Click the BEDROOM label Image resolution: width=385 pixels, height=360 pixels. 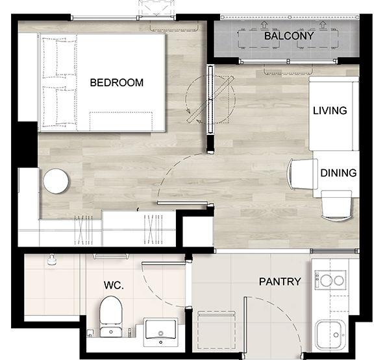(x=117, y=82)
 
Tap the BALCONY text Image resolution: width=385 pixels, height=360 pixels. (x=289, y=36)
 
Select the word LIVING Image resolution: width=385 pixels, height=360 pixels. (x=330, y=111)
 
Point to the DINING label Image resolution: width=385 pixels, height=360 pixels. (x=338, y=173)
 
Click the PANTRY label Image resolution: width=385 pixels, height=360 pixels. (x=280, y=282)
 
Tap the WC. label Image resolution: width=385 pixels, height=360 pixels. (x=114, y=285)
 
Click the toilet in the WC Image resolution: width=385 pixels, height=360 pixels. (x=111, y=317)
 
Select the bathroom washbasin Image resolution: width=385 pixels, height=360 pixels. (x=161, y=332)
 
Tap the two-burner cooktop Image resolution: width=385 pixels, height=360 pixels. (x=330, y=280)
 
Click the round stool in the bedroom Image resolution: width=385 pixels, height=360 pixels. (x=56, y=181)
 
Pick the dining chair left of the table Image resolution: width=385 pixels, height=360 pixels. (x=303, y=174)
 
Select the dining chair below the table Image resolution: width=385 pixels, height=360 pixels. (x=336, y=206)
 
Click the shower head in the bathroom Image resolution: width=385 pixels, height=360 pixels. (x=51, y=260)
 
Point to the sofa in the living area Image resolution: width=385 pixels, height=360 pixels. (x=334, y=114)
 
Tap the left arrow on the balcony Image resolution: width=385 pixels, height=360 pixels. (x=264, y=25)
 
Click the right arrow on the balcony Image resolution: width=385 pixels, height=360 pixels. (x=323, y=25)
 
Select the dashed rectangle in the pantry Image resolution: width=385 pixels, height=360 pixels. (x=217, y=330)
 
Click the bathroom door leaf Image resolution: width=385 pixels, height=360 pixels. (x=164, y=263)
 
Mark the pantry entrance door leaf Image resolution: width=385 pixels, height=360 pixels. (x=245, y=325)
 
